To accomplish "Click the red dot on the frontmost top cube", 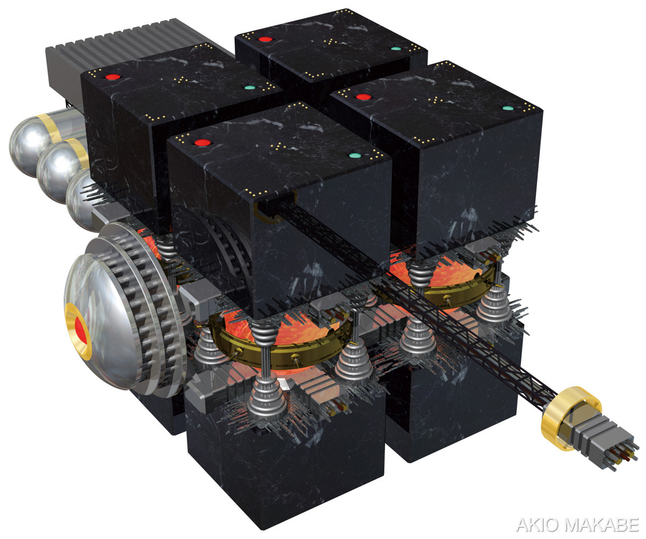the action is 202,143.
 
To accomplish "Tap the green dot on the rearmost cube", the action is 396,48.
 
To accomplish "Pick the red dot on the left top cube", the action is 113,77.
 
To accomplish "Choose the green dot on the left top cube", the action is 250,88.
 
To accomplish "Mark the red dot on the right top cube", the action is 363,97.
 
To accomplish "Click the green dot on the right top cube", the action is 508,108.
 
